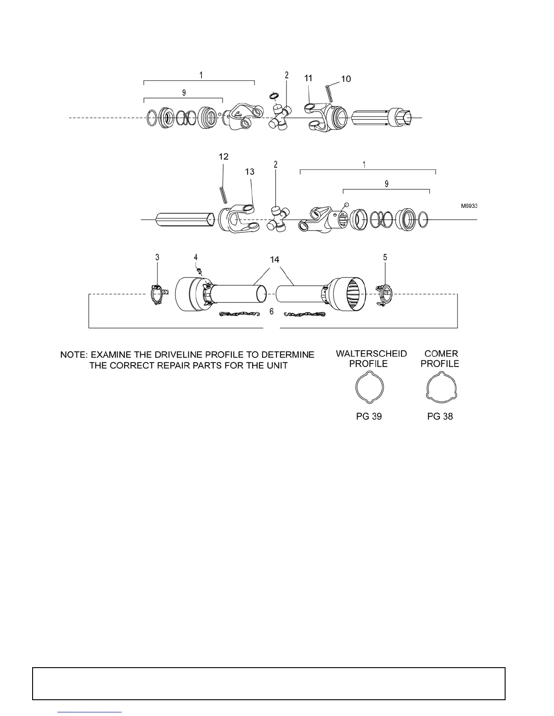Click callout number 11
tap(308, 78)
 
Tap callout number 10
tap(346, 79)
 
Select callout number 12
tap(224, 156)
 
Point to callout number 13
tap(249, 172)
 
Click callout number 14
tap(275, 259)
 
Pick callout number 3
tap(158, 257)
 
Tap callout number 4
tap(196, 257)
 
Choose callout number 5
tap(385, 257)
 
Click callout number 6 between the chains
tap(272, 311)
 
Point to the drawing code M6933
tap(469, 206)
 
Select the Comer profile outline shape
tap(441, 388)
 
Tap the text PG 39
tap(369, 416)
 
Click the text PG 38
tap(440, 416)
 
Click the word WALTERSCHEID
tap(371, 354)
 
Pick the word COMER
tap(441, 354)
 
